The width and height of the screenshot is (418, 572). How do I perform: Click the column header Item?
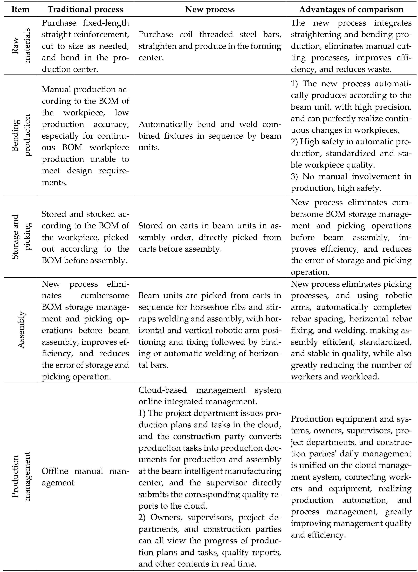coord(21,9)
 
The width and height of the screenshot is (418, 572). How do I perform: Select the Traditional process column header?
coord(86,9)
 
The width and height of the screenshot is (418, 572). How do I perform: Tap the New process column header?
coord(210,9)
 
